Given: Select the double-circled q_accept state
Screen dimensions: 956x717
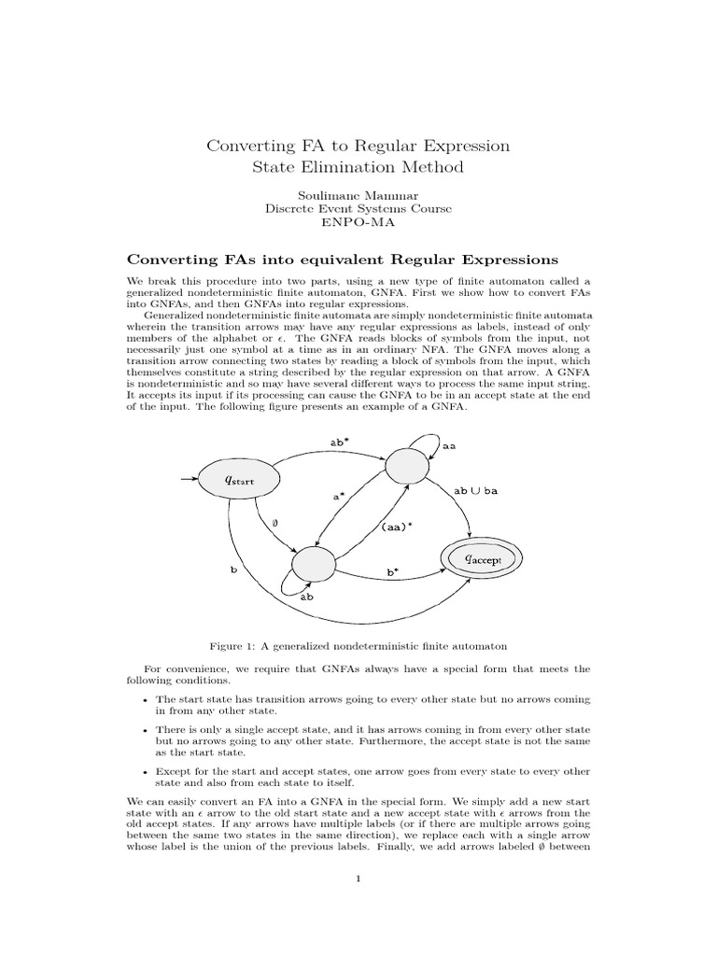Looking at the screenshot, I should coord(482,558).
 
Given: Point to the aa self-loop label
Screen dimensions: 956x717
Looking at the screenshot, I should coord(448,447).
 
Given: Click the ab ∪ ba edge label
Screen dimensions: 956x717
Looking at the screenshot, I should coord(478,490).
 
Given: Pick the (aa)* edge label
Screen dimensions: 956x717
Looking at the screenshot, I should coord(397,527).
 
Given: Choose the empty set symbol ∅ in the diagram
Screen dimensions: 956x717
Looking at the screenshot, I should coord(275,524).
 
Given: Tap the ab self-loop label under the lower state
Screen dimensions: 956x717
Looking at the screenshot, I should coord(306,595).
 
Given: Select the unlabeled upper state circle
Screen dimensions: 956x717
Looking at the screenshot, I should coord(405,465).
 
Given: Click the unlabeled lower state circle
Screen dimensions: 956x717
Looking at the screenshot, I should coord(313,563).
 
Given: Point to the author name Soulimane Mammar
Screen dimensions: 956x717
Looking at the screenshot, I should coord(358,196).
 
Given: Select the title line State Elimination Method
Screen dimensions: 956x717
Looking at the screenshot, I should coord(358,167).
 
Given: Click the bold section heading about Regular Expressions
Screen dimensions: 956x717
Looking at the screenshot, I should coord(342,258).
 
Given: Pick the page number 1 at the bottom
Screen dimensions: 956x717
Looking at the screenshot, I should coord(358,878).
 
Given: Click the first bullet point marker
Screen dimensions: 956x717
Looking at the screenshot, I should coord(145,699).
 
